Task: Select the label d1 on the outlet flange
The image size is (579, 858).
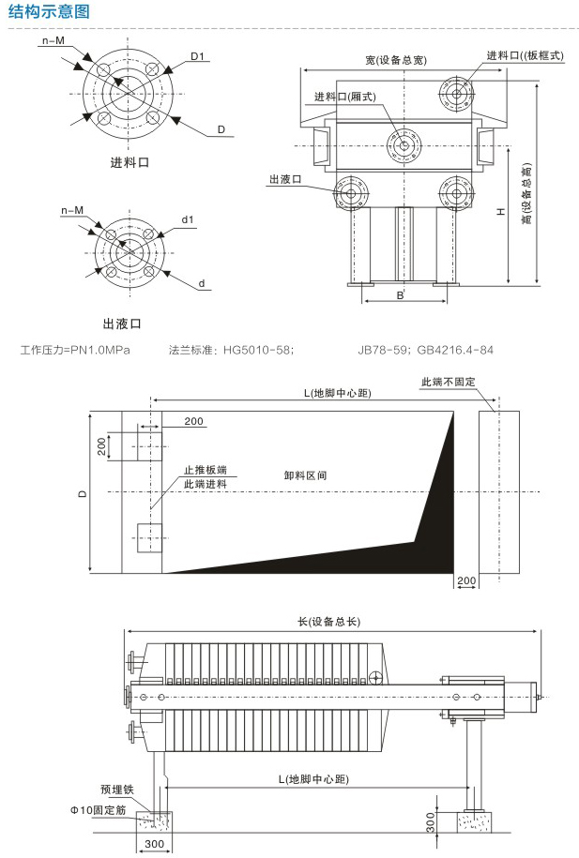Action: (x=188, y=221)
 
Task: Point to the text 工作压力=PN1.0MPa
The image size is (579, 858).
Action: (x=75, y=351)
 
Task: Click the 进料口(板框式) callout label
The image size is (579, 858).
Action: (x=525, y=55)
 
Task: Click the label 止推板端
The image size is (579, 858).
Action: (x=205, y=469)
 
